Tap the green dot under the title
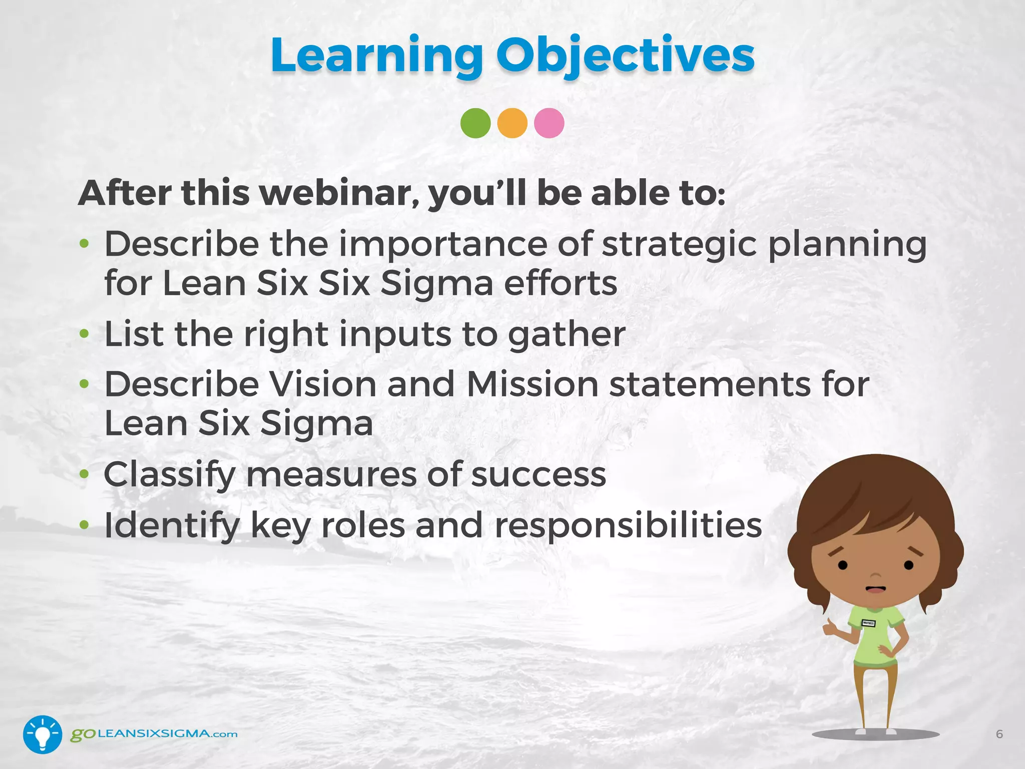(475, 123)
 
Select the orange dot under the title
(512, 123)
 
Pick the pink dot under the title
(549, 123)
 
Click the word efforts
(560, 283)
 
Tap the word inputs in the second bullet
(395, 334)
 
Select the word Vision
(323, 384)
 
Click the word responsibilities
(628, 525)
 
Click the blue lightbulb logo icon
(43, 734)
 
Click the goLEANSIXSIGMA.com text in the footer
(154, 734)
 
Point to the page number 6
(999, 734)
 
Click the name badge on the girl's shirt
(868, 623)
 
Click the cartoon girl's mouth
(875, 589)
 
